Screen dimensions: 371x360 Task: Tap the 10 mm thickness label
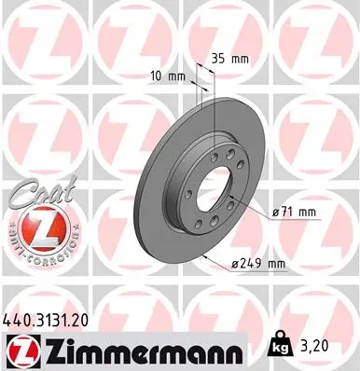point(164,76)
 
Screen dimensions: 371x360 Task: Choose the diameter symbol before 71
point(277,212)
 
